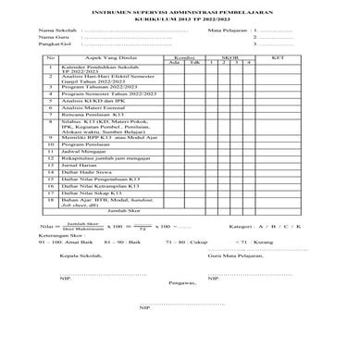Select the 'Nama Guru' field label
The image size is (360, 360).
(50, 37)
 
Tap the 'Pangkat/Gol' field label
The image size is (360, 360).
(51, 44)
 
